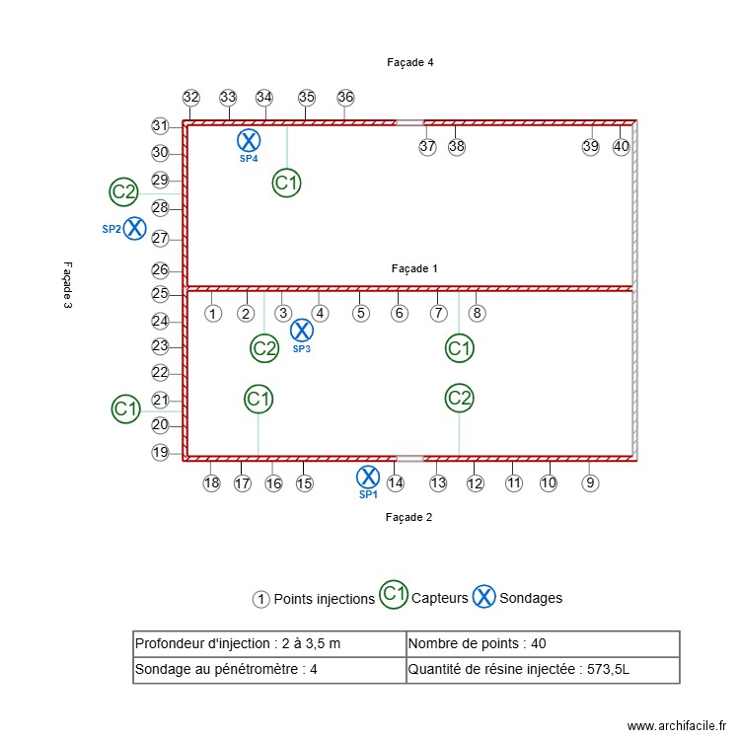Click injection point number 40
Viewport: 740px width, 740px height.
pyautogui.click(x=621, y=146)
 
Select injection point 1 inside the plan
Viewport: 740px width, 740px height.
pyautogui.click(x=212, y=314)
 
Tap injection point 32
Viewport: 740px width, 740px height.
pyautogui.click(x=191, y=98)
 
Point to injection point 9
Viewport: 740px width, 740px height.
pyautogui.click(x=590, y=483)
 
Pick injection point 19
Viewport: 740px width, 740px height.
pyautogui.click(x=160, y=453)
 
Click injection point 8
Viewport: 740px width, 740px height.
pyautogui.click(x=477, y=314)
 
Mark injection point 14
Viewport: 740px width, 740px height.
pyautogui.click(x=395, y=483)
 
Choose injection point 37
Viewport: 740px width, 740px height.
pyautogui.click(x=427, y=146)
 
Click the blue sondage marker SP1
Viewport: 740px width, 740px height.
pyautogui.click(x=367, y=478)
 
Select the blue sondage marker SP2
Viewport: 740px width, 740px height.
pyautogui.click(x=134, y=229)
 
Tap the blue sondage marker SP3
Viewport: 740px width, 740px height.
pyautogui.click(x=302, y=331)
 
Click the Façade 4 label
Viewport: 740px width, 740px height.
pyautogui.click(x=410, y=62)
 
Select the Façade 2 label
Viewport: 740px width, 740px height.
pyautogui.click(x=409, y=517)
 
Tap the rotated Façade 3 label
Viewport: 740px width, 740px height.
pyautogui.click(x=67, y=285)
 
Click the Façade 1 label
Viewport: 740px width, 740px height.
pyautogui.click(x=414, y=268)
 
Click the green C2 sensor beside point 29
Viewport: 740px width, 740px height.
pyautogui.click(x=123, y=191)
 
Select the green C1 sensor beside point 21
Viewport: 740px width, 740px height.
pyautogui.click(x=125, y=408)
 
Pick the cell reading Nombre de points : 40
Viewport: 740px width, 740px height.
pyautogui.click(x=543, y=644)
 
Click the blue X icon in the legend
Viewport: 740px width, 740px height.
pyautogui.click(x=483, y=596)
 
